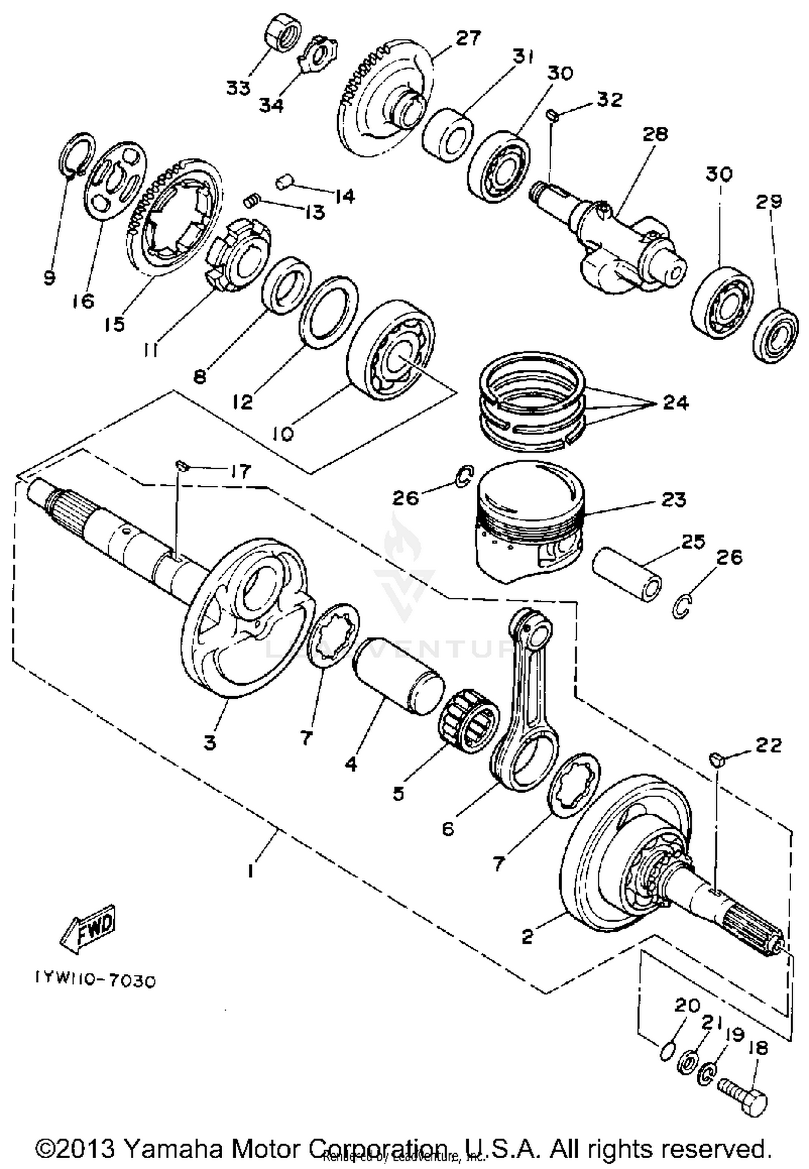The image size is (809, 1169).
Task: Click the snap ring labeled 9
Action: coord(76,154)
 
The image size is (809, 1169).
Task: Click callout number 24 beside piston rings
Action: coord(676,403)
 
